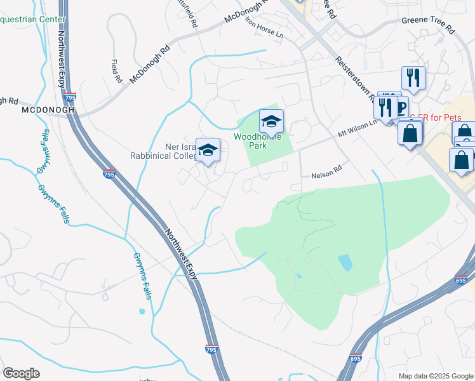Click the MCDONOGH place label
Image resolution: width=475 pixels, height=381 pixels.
(48, 110)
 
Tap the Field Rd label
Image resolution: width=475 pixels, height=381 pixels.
(116, 72)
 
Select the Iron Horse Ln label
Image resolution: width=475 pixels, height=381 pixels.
(263, 27)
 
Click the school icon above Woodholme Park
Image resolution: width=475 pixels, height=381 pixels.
(271, 121)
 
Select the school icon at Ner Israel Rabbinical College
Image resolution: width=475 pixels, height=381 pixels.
(208, 150)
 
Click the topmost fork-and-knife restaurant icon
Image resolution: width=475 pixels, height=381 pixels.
(413, 77)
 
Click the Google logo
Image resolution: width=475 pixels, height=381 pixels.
(22, 373)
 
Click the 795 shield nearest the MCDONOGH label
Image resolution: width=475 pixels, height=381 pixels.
(70, 97)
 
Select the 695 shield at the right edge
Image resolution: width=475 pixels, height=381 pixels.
(462, 280)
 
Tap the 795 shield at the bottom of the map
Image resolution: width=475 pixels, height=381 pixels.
(211, 349)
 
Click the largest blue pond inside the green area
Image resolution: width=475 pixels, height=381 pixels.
(345, 262)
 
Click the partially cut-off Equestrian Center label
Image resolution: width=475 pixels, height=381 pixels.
(32, 19)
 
